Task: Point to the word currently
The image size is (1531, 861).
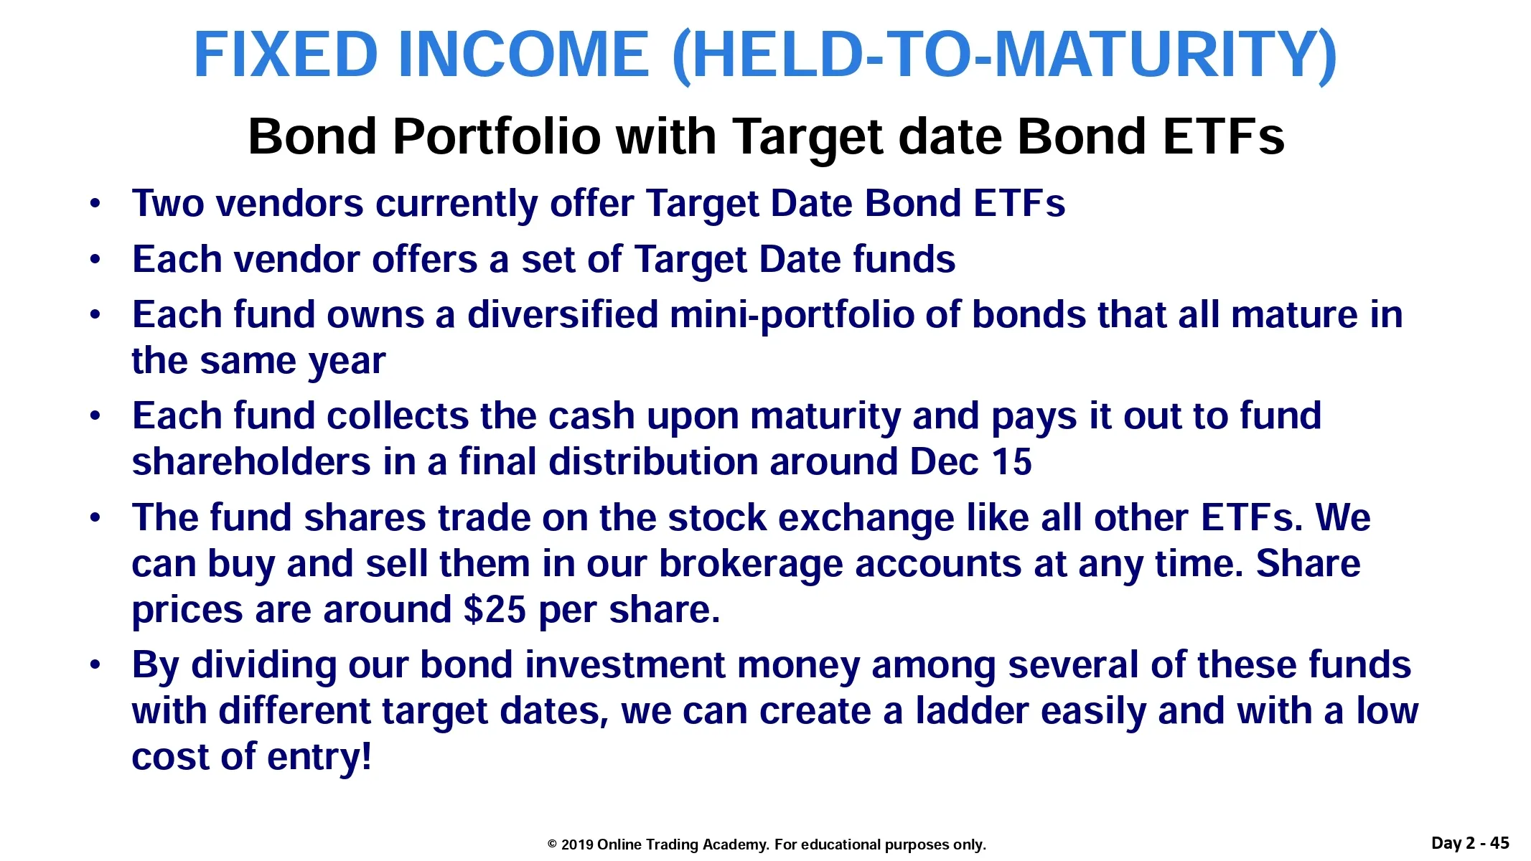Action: click(x=457, y=204)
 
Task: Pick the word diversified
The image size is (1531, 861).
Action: click(x=563, y=315)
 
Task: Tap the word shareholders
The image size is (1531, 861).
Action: click(x=251, y=461)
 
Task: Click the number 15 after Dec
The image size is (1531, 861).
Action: click(x=1011, y=462)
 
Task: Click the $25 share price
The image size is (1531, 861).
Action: click(x=495, y=610)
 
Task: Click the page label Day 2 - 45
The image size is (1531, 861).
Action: click(x=1470, y=842)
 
